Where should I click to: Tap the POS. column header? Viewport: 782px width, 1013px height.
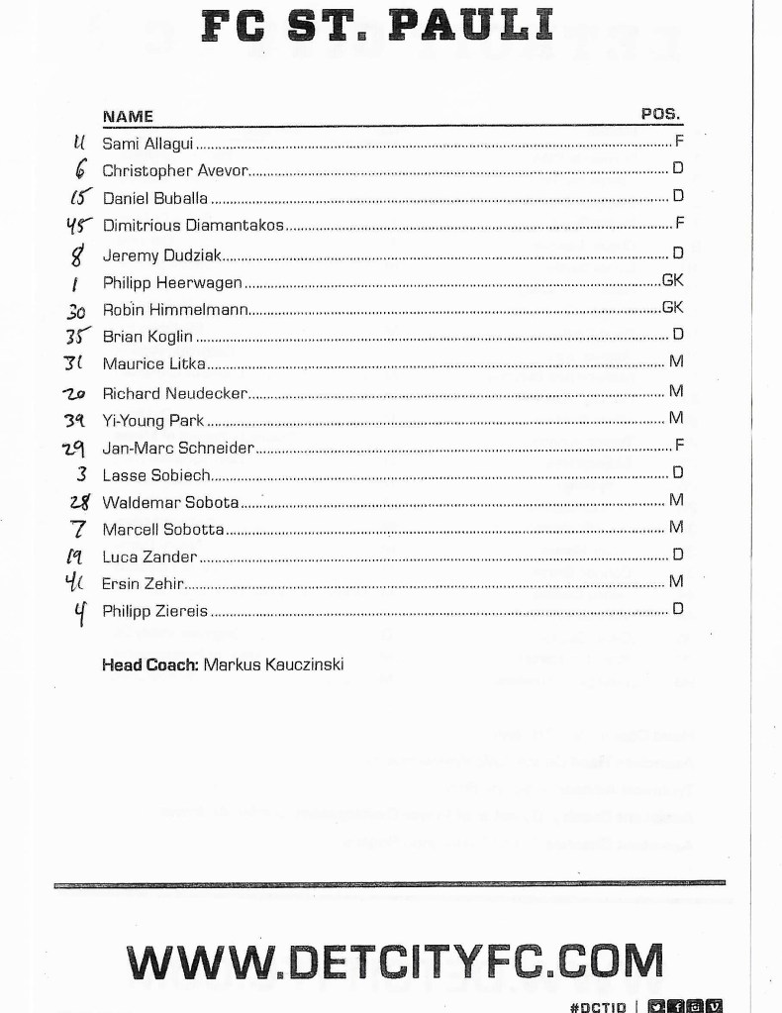tap(661, 114)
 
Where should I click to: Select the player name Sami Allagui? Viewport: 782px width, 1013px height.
tap(142, 144)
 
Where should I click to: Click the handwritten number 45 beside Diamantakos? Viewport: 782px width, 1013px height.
tap(79, 225)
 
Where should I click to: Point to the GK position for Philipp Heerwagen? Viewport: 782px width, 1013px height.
tap(672, 281)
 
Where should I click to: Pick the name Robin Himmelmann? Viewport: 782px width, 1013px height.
tap(174, 309)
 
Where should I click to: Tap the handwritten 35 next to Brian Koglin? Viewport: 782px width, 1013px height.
tap(79, 336)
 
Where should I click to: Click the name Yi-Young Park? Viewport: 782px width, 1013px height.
tap(153, 420)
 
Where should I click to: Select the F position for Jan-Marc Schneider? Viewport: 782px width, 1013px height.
tap(679, 446)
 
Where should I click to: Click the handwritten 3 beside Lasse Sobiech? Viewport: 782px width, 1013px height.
tap(81, 474)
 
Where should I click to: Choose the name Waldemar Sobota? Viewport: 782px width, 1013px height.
tap(170, 502)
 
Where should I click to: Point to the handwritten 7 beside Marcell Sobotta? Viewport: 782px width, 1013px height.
tap(80, 529)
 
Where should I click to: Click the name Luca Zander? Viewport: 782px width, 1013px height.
tap(149, 557)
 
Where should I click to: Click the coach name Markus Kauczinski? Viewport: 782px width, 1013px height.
tap(273, 663)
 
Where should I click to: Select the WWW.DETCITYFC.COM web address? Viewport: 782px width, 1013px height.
tap(394, 961)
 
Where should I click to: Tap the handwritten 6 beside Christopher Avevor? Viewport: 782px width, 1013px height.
tap(79, 170)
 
